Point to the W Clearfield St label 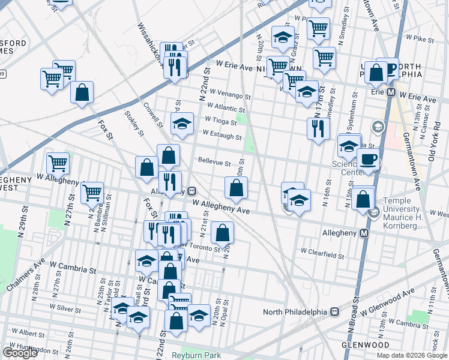click(322, 254)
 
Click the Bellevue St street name click(214, 162)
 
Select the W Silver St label click(65, 307)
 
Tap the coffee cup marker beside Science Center click(368, 160)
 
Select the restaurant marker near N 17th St click(318, 128)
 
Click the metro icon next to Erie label click(390, 93)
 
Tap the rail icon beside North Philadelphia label click(336, 312)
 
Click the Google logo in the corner click(20, 353)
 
